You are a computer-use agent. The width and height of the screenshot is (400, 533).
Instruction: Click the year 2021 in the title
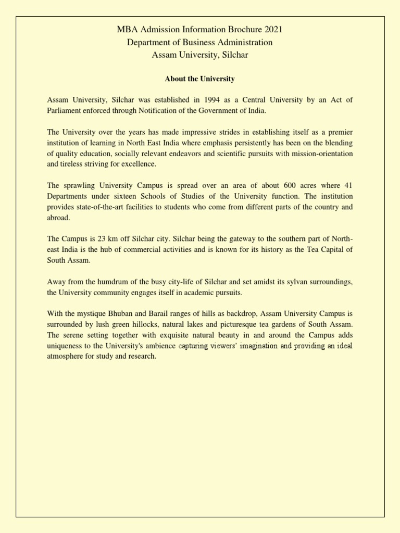coord(272,30)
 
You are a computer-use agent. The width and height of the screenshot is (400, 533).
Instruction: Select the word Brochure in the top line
coord(240,30)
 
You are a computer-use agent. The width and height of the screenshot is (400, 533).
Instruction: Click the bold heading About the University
coord(200,79)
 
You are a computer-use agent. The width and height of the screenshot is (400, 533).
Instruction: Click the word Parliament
coord(65,110)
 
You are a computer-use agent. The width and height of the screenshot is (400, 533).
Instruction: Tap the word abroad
coord(58,218)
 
